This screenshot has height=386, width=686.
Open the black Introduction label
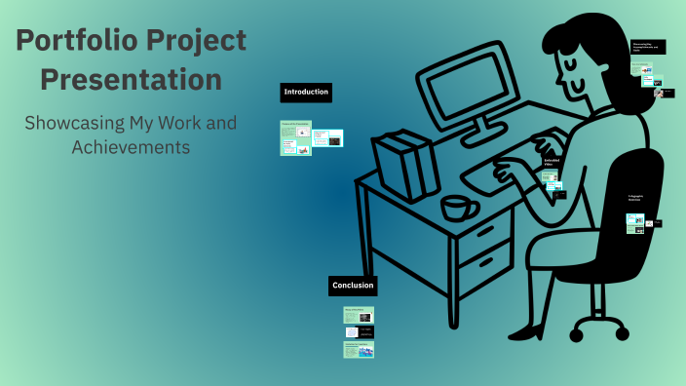tap(306, 93)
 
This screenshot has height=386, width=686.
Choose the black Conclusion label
tap(352, 286)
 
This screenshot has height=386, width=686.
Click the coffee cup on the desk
tap(458, 208)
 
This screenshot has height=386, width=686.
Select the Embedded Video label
tap(553, 162)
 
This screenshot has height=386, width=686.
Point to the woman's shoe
tap(526, 333)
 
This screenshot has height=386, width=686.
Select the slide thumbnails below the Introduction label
tap(311, 137)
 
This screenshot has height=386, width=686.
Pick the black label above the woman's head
tap(648, 46)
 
